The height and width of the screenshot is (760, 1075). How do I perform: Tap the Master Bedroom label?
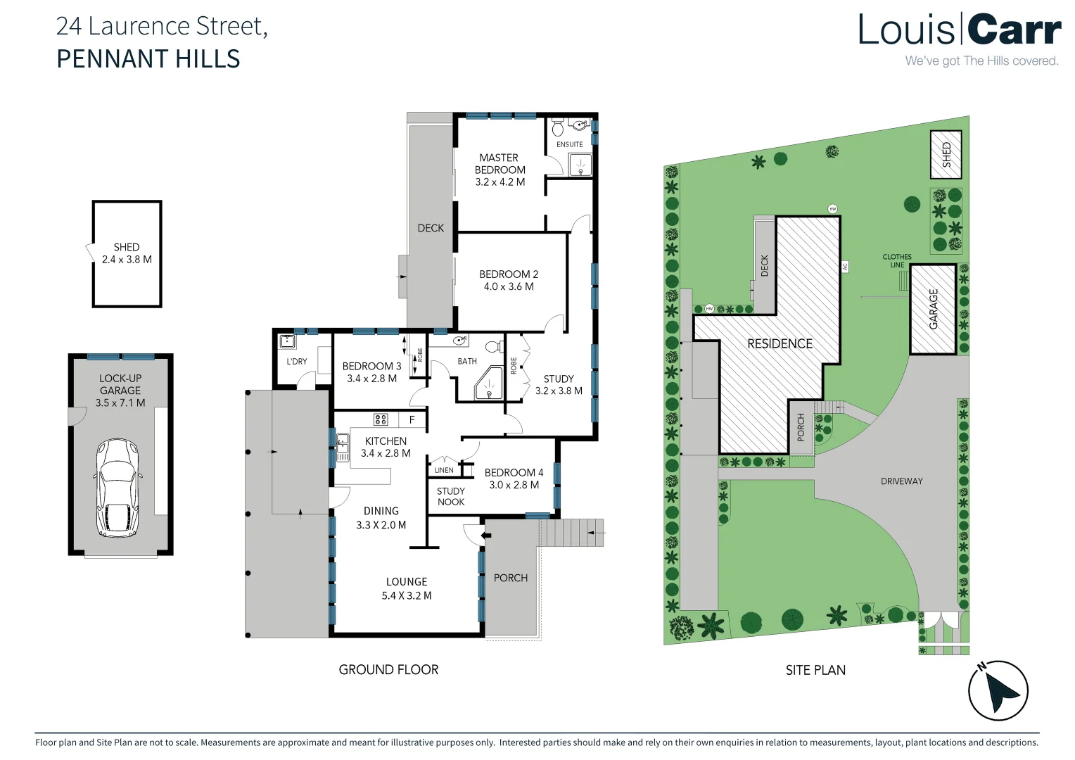pos(500,164)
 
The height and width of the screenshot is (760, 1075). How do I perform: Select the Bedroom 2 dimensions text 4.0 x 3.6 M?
pos(509,286)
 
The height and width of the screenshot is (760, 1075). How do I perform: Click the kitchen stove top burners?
pos(381,419)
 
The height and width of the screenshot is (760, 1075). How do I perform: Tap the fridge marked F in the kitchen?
pos(412,419)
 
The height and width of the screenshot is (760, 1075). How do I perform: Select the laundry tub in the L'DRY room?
pos(287,342)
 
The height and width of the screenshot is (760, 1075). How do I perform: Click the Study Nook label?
pos(450,497)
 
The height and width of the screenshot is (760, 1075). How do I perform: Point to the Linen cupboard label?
pos(444,470)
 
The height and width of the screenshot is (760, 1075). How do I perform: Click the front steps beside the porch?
pos(571,533)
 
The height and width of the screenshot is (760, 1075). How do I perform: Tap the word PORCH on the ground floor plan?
pos(510,578)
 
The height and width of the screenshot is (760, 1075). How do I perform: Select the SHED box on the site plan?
pos(946,154)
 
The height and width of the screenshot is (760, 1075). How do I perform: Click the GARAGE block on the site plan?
pos(933,309)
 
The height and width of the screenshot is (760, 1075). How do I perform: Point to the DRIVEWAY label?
pos(901,481)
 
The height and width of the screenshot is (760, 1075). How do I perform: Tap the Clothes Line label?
pos(896,261)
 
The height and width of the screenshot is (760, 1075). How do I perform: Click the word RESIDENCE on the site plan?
pos(780,343)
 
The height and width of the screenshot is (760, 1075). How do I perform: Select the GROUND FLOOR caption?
pos(388,670)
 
